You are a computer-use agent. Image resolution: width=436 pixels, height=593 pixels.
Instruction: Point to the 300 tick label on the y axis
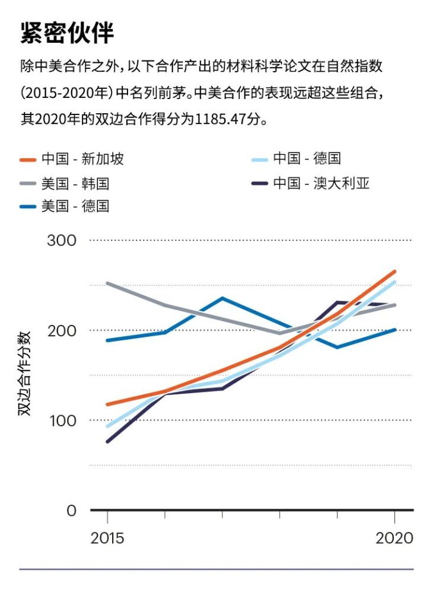pyautogui.click(x=62, y=240)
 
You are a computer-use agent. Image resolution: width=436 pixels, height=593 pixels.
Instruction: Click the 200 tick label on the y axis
pyautogui.click(x=62, y=330)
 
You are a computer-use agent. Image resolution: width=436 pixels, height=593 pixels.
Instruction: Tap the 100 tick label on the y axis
pyautogui.click(x=62, y=420)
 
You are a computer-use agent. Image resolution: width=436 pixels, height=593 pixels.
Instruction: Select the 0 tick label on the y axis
pyautogui.click(x=71, y=511)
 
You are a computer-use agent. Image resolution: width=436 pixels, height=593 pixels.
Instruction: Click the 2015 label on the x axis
pyautogui.click(x=107, y=538)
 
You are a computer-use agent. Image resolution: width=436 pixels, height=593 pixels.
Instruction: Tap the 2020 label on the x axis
pyautogui.click(x=394, y=538)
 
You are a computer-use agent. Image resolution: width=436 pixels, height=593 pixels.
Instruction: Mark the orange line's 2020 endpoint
pyautogui.click(x=394, y=272)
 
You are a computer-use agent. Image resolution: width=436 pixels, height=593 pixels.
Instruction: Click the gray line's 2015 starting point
pyautogui.click(x=107, y=283)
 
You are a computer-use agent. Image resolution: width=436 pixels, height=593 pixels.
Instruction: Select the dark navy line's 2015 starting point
pyautogui.click(x=107, y=442)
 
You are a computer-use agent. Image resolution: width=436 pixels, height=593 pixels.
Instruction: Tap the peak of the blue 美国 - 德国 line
pyautogui.click(x=222, y=298)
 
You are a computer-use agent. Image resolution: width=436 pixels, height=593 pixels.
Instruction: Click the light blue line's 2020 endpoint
pyautogui.click(x=394, y=282)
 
